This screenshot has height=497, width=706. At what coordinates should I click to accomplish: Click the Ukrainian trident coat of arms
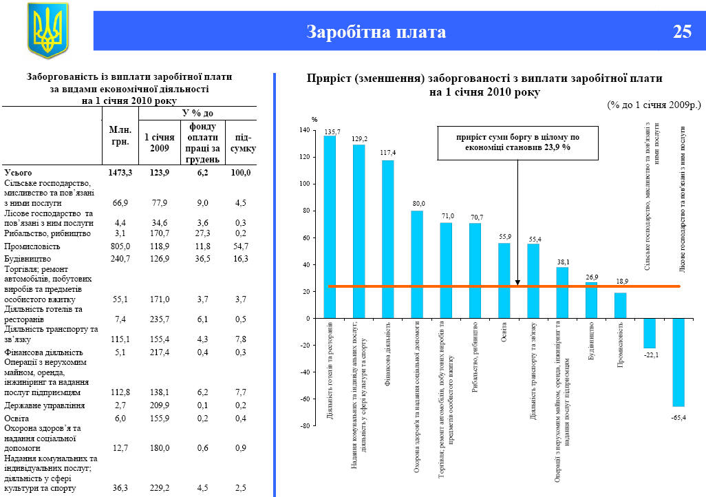click(x=48, y=30)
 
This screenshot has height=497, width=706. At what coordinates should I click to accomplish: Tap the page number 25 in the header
click(x=682, y=32)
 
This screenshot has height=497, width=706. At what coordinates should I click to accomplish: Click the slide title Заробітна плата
click(x=376, y=32)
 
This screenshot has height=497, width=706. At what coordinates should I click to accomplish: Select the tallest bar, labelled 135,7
click(x=330, y=227)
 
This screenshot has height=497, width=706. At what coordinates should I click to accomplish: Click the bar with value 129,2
click(x=359, y=231)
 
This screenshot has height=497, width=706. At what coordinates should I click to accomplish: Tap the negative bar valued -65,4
click(x=678, y=362)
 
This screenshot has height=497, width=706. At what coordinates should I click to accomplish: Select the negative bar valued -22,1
click(x=650, y=333)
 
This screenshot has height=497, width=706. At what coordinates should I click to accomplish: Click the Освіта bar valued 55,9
click(x=504, y=281)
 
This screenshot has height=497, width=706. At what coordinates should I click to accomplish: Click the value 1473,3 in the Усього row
click(x=116, y=172)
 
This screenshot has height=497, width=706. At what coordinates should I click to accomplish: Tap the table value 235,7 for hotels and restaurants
click(x=160, y=320)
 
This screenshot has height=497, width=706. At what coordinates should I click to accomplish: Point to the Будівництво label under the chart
click(x=591, y=344)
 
